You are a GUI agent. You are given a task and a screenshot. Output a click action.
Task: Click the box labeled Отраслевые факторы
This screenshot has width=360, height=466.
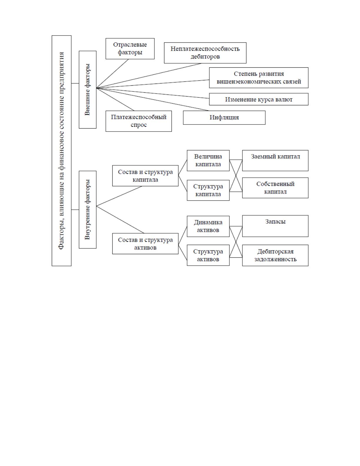(130, 49)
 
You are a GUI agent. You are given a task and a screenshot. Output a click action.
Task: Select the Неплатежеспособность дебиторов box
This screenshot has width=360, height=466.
(205, 53)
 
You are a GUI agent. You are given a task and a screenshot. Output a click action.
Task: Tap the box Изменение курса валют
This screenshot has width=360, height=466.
(259, 99)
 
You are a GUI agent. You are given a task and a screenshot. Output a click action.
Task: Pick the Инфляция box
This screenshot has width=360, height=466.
(224, 117)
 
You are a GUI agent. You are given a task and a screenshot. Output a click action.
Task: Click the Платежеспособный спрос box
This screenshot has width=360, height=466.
(139, 121)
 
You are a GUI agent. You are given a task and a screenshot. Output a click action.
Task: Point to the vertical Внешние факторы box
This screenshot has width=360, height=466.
(87, 90)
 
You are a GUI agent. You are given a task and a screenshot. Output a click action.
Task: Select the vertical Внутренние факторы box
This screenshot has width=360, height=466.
(87, 209)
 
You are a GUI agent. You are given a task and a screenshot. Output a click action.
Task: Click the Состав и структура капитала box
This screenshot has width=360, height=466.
(145, 176)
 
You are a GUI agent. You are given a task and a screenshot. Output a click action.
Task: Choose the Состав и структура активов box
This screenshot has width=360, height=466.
(145, 244)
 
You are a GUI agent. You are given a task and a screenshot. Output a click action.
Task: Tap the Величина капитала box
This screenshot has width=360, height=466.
(208, 160)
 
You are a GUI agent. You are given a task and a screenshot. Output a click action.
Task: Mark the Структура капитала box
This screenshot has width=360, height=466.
(208, 190)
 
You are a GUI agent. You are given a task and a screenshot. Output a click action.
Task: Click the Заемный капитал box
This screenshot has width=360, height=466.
(275, 160)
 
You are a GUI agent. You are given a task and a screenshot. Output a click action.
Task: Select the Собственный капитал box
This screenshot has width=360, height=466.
(275, 188)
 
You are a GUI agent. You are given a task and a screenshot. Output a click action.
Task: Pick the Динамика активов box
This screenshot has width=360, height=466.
(208, 226)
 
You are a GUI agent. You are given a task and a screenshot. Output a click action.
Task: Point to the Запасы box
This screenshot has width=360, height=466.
(275, 226)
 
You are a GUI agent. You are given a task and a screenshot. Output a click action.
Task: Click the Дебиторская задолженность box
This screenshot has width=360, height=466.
(275, 255)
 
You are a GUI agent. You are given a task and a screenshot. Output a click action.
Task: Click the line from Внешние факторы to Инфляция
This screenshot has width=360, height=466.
(152, 99)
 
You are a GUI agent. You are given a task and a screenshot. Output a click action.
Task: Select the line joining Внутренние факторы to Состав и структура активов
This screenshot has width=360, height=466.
(120, 219)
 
